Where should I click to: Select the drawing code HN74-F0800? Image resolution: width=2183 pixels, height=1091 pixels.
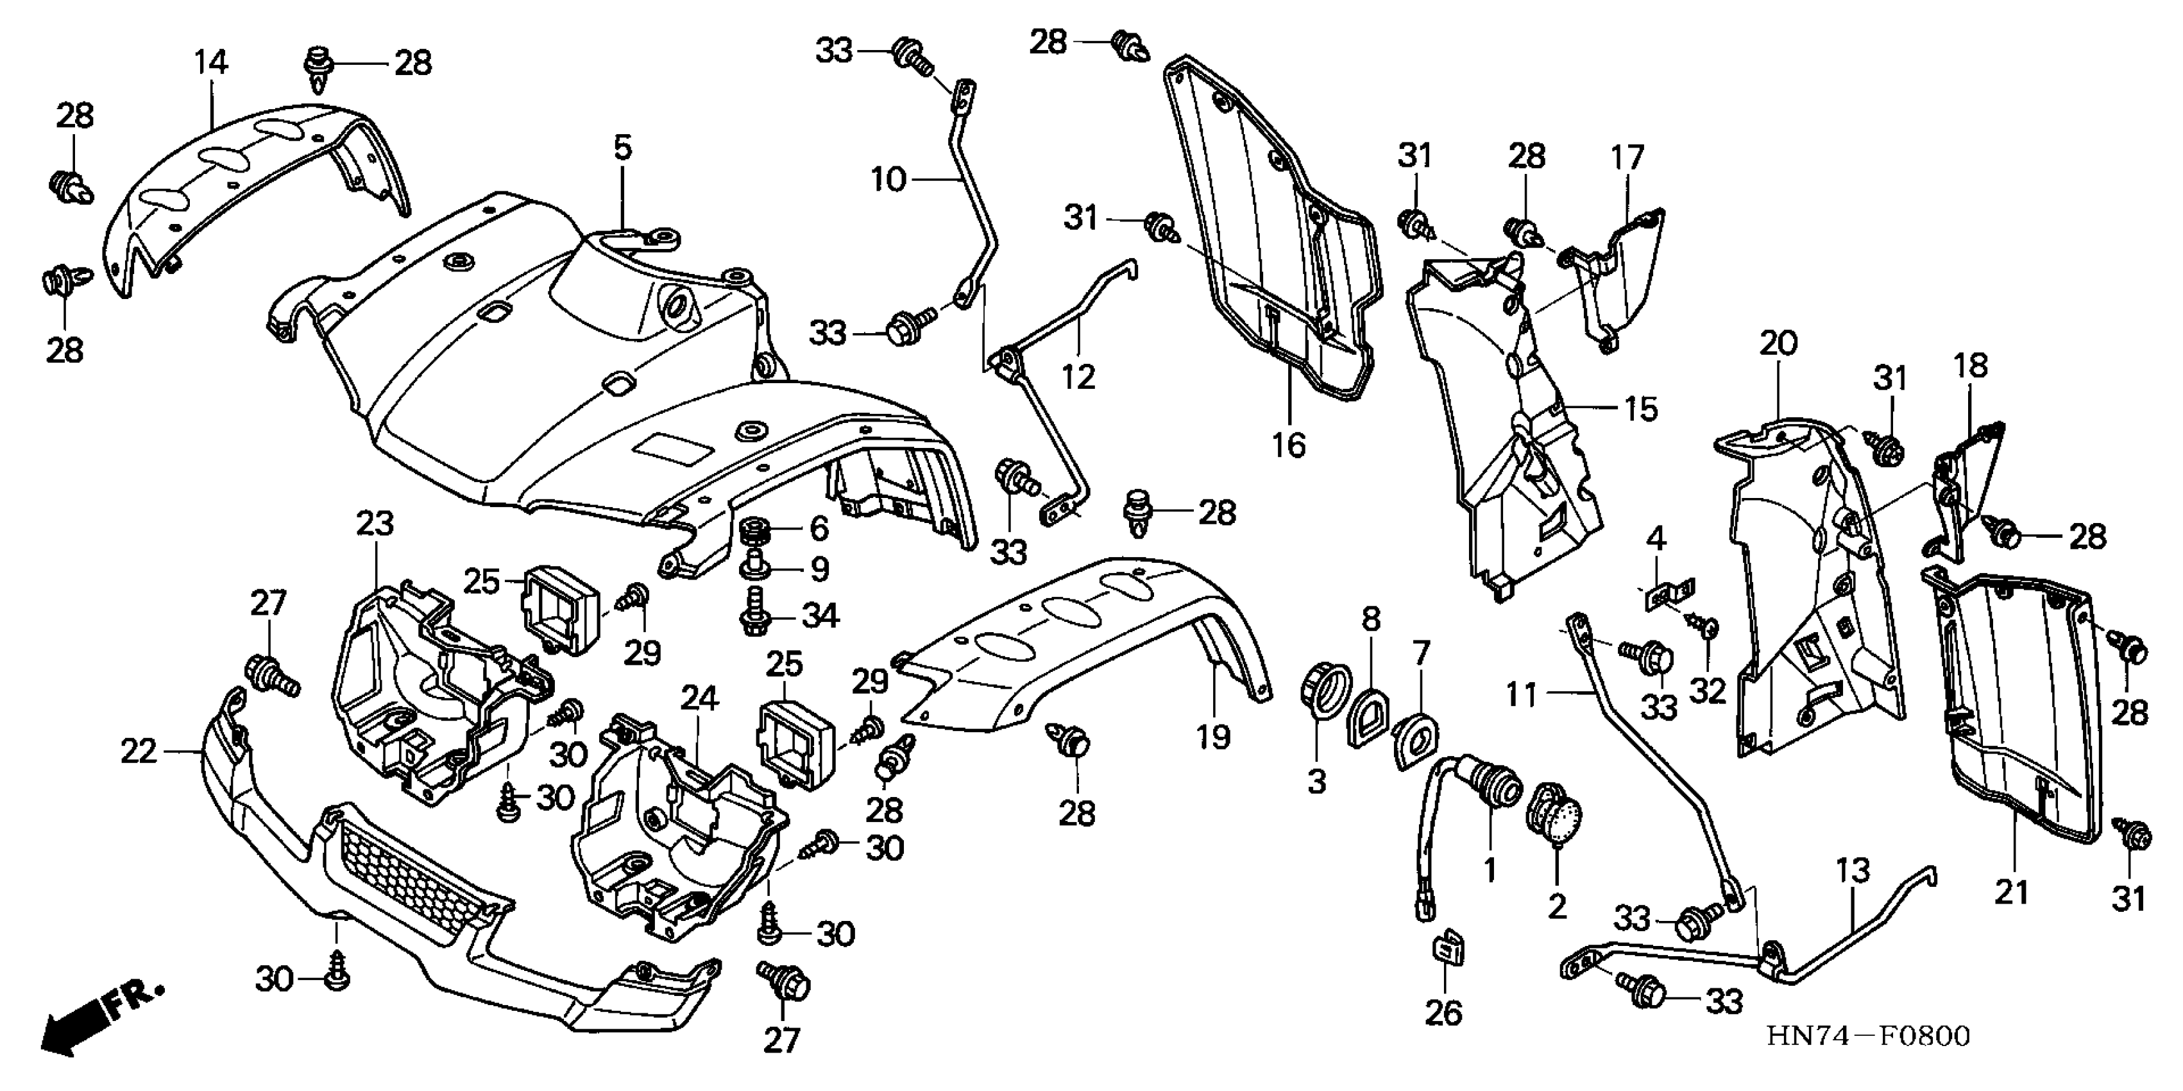pyautogui.click(x=1869, y=1036)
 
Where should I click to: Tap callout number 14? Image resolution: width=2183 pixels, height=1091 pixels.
pyautogui.click(x=211, y=62)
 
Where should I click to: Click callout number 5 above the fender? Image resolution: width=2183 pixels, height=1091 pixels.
pyautogui.click(x=623, y=148)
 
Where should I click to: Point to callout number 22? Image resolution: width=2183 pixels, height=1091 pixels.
pyautogui.click(x=139, y=751)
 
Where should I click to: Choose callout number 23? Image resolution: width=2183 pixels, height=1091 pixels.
pyautogui.click(x=375, y=523)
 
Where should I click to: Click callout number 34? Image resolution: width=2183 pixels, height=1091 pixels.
pyautogui.click(x=819, y=615)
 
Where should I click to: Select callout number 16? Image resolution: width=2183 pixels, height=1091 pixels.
pyautogui.click(x=1289, y=444)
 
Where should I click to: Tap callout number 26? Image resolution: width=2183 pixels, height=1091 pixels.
pyautogui.click(x=1444, y=1012)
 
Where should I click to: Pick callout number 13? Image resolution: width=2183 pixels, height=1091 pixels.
pyautogui.click(x=1853, y=871)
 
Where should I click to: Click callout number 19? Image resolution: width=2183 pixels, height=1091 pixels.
pyautogui.click(x=1214, y=737)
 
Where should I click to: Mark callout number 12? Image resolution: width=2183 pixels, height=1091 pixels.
pyautogui.click(x=1079, y=376)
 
